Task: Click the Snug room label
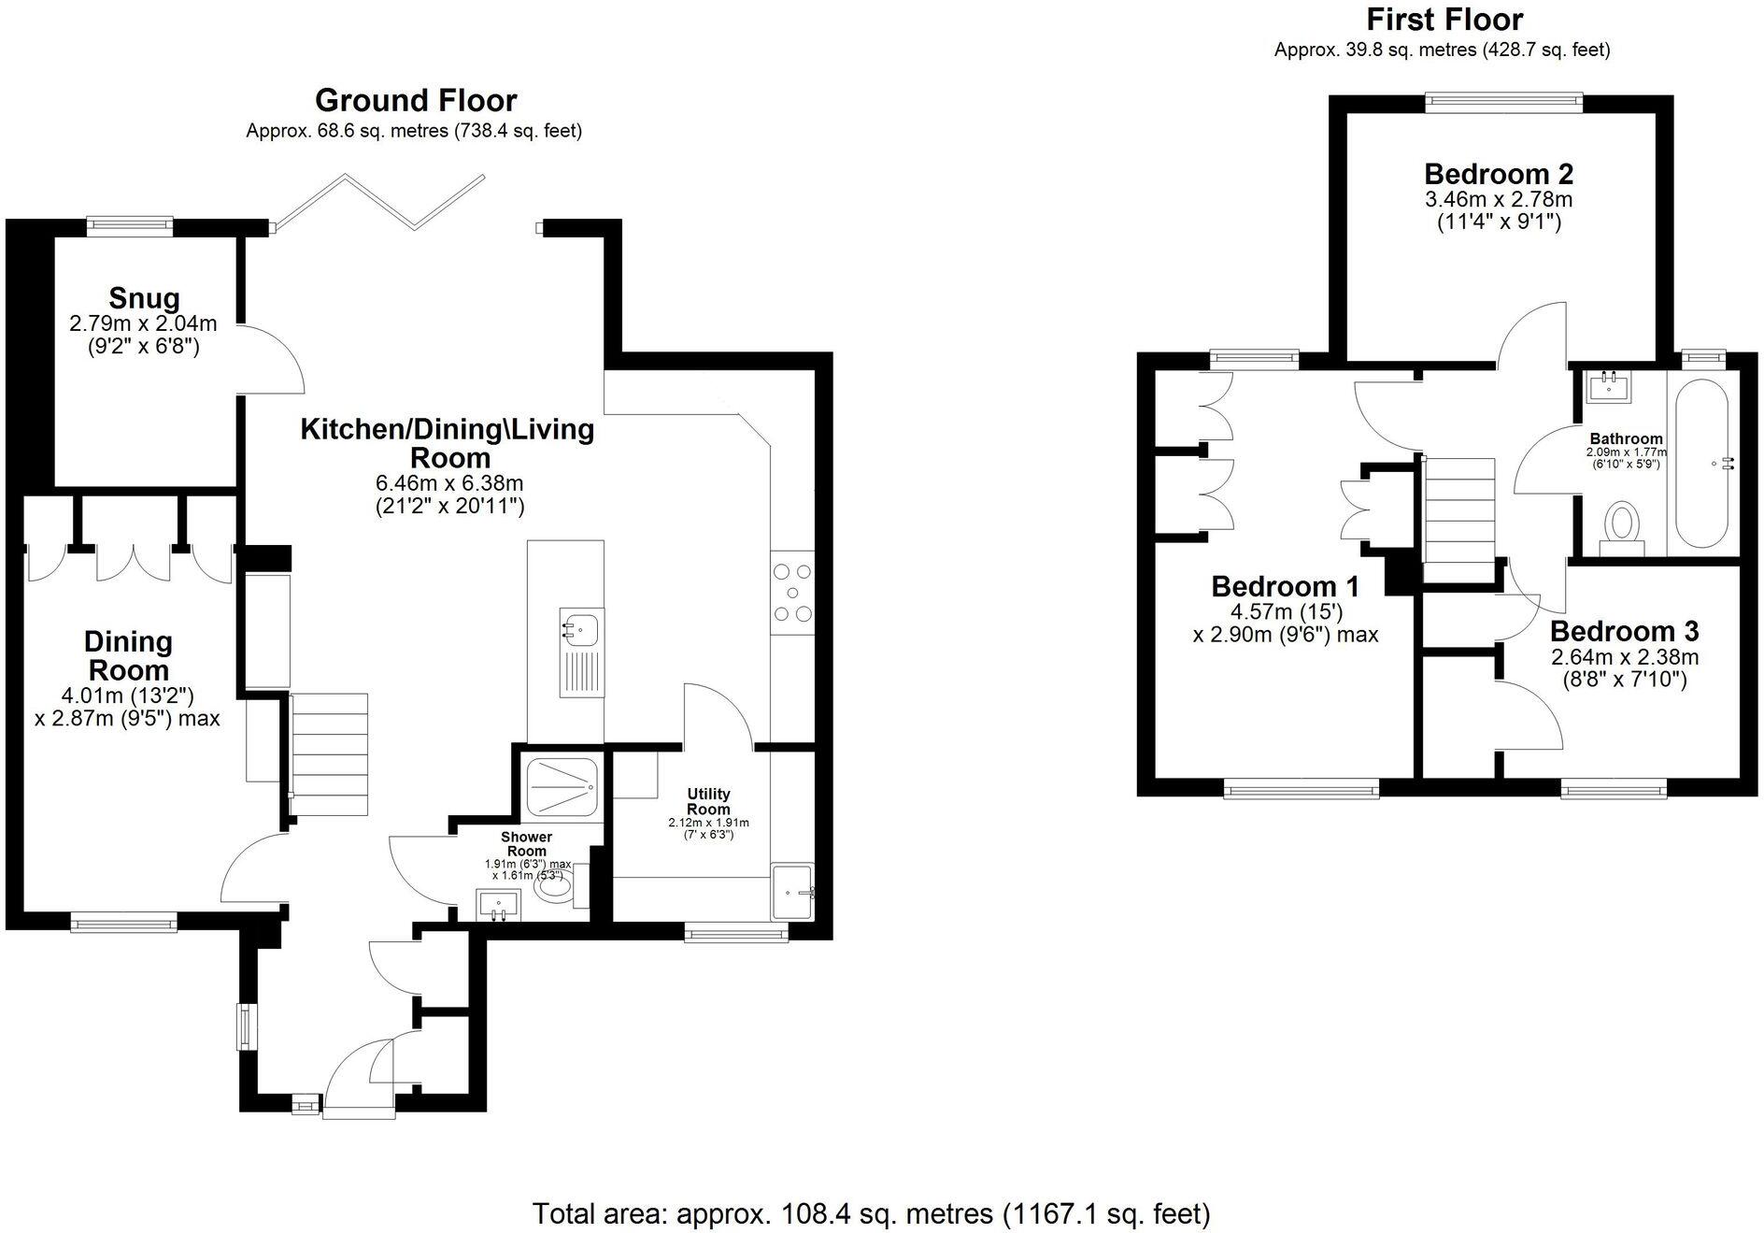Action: [144, 298]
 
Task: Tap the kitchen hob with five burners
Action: [791, 593]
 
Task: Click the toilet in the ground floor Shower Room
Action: [557, 887]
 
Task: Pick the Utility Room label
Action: [708, 802]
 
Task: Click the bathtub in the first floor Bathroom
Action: [1701, 464]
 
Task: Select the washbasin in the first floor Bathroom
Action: [1609, 384]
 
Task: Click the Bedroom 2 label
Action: [1498, 174]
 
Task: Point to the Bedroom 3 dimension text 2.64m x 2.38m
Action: [1624, 657]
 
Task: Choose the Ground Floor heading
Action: [415, 100]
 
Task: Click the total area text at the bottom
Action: [871, 1213]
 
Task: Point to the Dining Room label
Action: [128, 655]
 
